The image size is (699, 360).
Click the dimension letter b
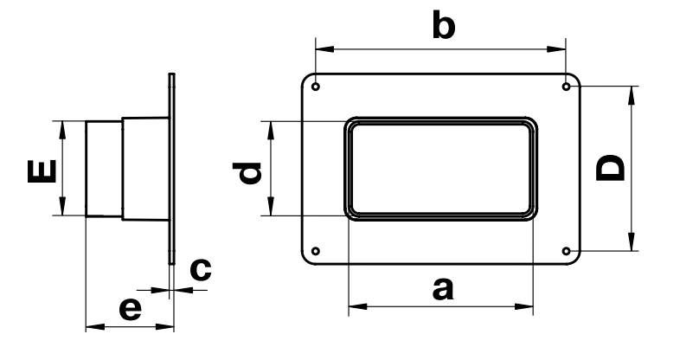point(444,25)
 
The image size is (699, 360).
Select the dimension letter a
point(443,289)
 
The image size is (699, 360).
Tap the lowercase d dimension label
point(247,173)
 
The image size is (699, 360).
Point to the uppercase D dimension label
point(610,168)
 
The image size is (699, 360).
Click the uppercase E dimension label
point(42,171)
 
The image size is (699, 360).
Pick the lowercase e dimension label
point(131,309)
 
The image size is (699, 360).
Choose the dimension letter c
point(201,270)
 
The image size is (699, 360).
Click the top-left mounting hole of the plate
point(316,87)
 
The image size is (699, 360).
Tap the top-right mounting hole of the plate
point(566,87)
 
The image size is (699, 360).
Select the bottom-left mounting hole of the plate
point(316,251)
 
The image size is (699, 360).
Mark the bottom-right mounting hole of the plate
point(566,251)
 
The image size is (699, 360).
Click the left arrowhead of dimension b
point(324,49)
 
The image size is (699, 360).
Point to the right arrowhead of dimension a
point(524,306)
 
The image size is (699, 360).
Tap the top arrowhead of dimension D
point(632,95)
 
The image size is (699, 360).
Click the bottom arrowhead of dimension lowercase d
point(271,207)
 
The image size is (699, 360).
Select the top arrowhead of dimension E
point(62,130)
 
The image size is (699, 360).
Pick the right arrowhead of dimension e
point(165,327)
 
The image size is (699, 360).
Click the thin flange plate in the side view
point(171,169)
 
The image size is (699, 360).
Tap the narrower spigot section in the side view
point(104,169)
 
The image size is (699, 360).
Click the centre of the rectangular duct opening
point(441,169)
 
